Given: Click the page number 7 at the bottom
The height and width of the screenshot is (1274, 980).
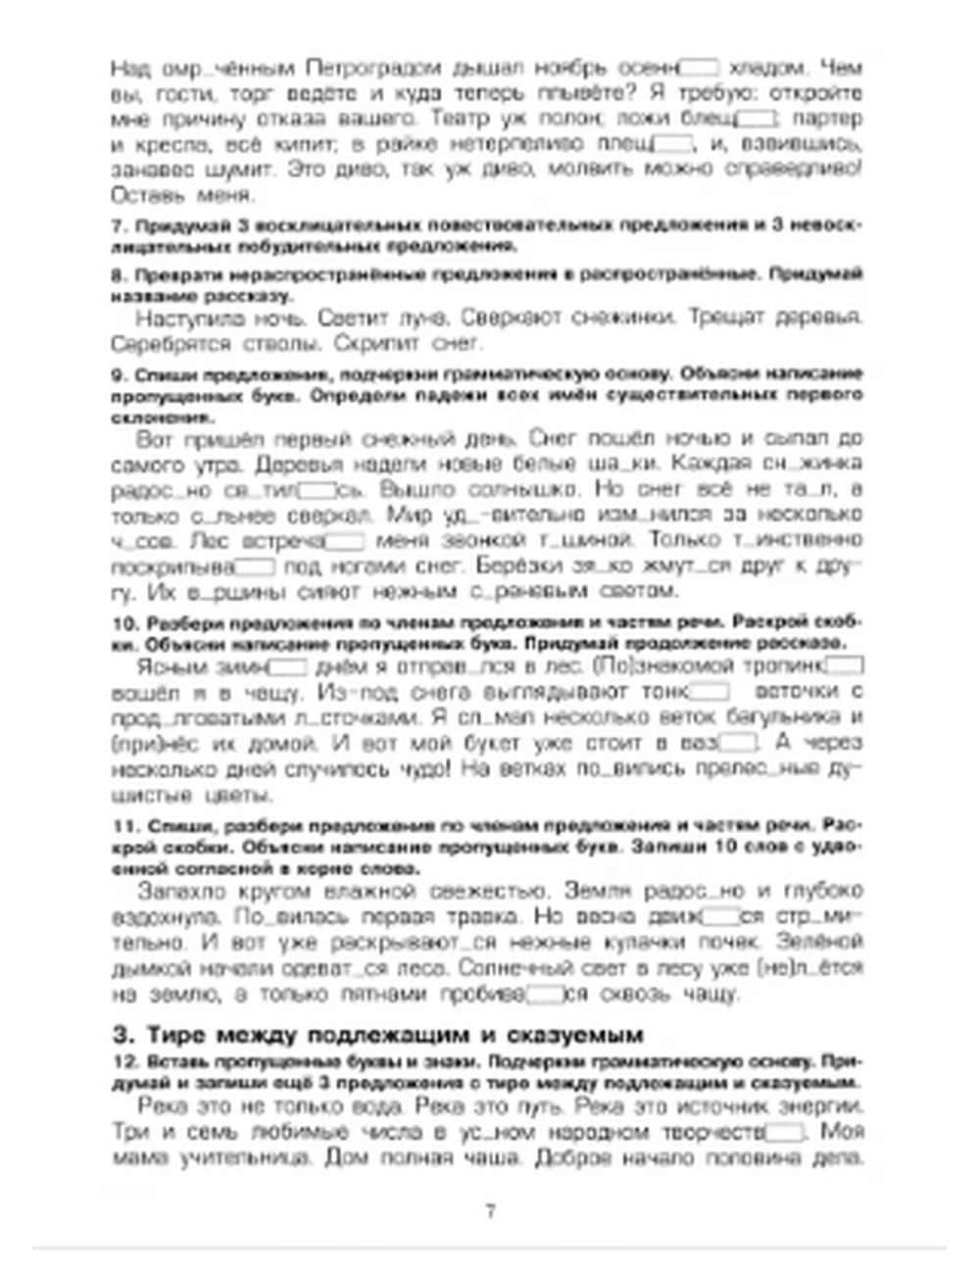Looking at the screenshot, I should [490, 1210].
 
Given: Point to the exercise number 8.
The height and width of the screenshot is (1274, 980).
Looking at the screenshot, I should [116, 275].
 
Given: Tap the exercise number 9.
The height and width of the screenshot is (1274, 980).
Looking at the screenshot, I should [116, 374].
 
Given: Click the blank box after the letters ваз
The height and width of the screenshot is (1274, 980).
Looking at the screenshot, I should [738, 743].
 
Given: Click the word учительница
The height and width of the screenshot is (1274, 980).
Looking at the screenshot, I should [246, 1158].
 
